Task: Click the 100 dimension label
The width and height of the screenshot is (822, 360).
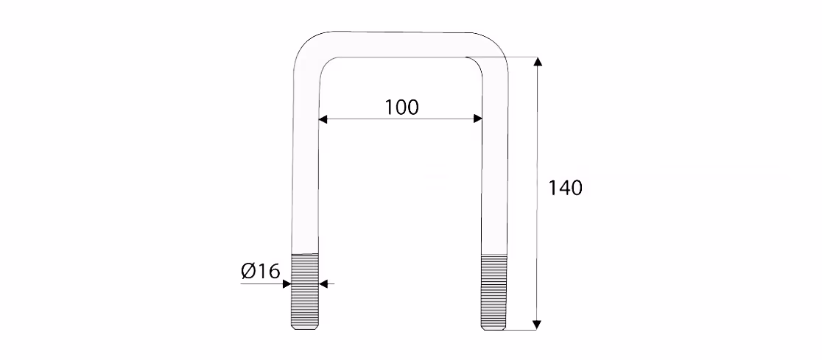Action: pos(402,107)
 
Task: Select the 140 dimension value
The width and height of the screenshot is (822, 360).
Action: pos(565,188)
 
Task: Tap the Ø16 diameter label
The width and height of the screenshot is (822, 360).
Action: pos(261,271)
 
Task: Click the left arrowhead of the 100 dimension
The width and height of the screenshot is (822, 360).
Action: pos(323,119)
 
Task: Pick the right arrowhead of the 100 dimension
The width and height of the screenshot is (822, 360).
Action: pos(477,119)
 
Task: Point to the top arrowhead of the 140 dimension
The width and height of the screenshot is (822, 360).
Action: pos(538,61)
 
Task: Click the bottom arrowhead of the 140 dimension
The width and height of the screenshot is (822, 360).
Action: pos(536,325)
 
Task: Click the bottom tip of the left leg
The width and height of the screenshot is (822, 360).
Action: pos(305,329)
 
